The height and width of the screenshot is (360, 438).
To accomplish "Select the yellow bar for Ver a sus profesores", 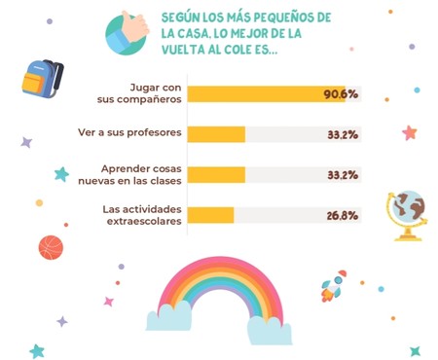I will (x=216, y=134).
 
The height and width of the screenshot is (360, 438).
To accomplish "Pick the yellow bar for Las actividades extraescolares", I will (x=210, y=215).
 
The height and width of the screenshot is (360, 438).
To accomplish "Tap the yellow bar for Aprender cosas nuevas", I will (x=216, y=175).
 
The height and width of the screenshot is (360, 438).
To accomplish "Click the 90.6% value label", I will (x=341, y=94).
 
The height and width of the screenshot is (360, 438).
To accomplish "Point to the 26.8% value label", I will (x=341, y=215).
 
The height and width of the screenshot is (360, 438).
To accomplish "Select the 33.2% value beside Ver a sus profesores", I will (x=341, y=134).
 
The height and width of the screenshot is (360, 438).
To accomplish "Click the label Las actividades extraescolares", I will (x=142, y=215).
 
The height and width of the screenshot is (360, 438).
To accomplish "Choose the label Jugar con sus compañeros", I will (x=146, y=94).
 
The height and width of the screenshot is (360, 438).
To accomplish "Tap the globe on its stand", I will (x=406, y=213).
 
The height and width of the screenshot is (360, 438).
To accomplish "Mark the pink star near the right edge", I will (x=410, y=132).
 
